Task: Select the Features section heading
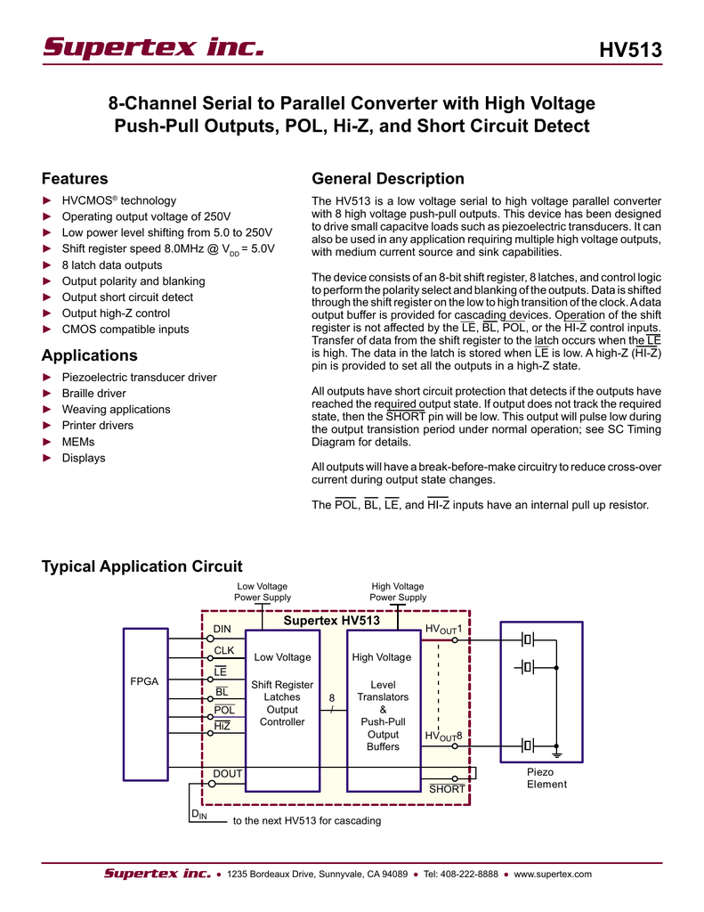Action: pos(76,179)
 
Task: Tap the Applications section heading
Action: pos(89,355)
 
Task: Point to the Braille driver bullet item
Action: pos(93,394)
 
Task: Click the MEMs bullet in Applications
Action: pos(78,442)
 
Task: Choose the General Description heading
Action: pos(388,179)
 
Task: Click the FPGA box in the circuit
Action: pos(143,680)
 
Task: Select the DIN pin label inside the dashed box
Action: pos(222,629)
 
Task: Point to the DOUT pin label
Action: pos(227,774)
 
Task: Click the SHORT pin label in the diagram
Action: pos(447,789)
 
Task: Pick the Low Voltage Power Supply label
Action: pos(262,591)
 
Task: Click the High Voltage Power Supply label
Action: pos(398,591)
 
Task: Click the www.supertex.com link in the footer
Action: pos(553,874)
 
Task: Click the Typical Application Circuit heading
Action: pos(142,566)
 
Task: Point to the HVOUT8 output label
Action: pos(442,736)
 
